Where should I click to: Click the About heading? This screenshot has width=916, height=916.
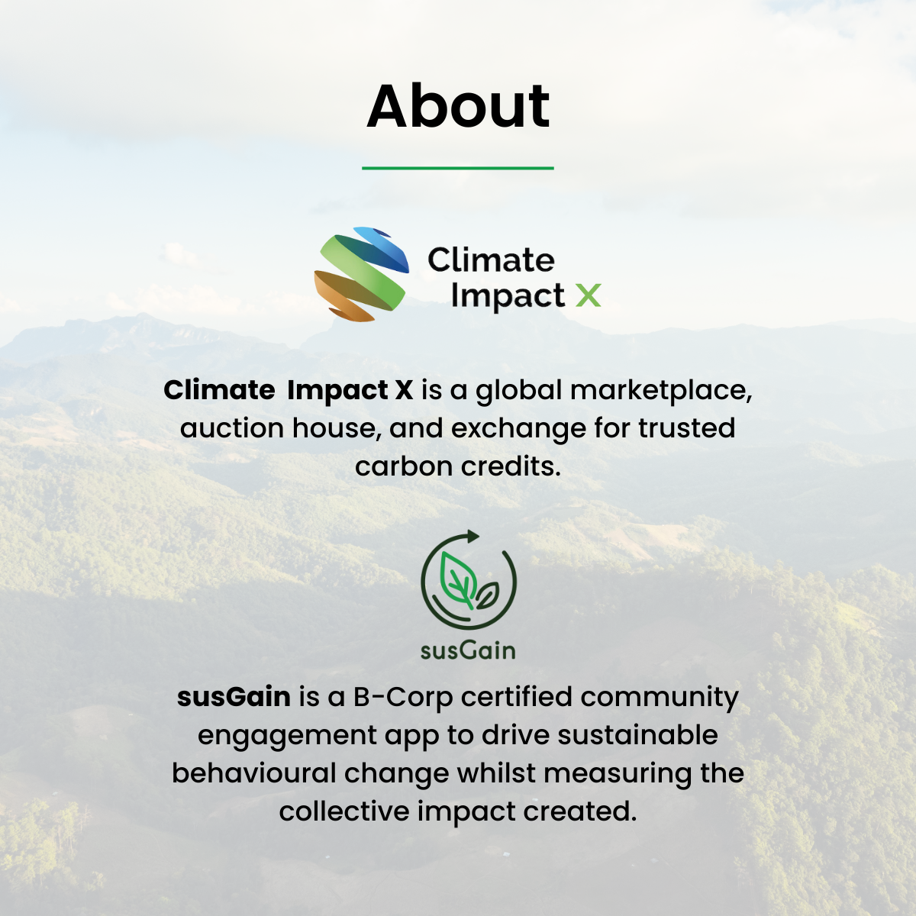458,105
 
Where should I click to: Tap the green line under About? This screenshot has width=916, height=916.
458,168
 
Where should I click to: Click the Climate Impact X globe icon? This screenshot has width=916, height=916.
361,274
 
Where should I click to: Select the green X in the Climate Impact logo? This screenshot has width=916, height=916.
588,295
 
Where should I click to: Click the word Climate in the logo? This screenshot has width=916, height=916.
491,260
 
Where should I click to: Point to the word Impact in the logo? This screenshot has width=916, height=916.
508,297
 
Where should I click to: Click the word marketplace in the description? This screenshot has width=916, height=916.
661,390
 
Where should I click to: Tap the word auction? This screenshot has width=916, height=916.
231,427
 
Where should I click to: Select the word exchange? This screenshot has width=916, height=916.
518,429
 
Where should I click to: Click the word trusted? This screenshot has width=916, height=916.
686,427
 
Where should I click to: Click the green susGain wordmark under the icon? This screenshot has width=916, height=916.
468,651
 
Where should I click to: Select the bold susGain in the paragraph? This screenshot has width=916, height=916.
234,698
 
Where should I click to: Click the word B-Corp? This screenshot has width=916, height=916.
403,698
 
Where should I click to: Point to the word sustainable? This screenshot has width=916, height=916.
637,735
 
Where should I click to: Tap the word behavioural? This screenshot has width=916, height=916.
254,773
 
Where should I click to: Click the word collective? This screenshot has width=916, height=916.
344,811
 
